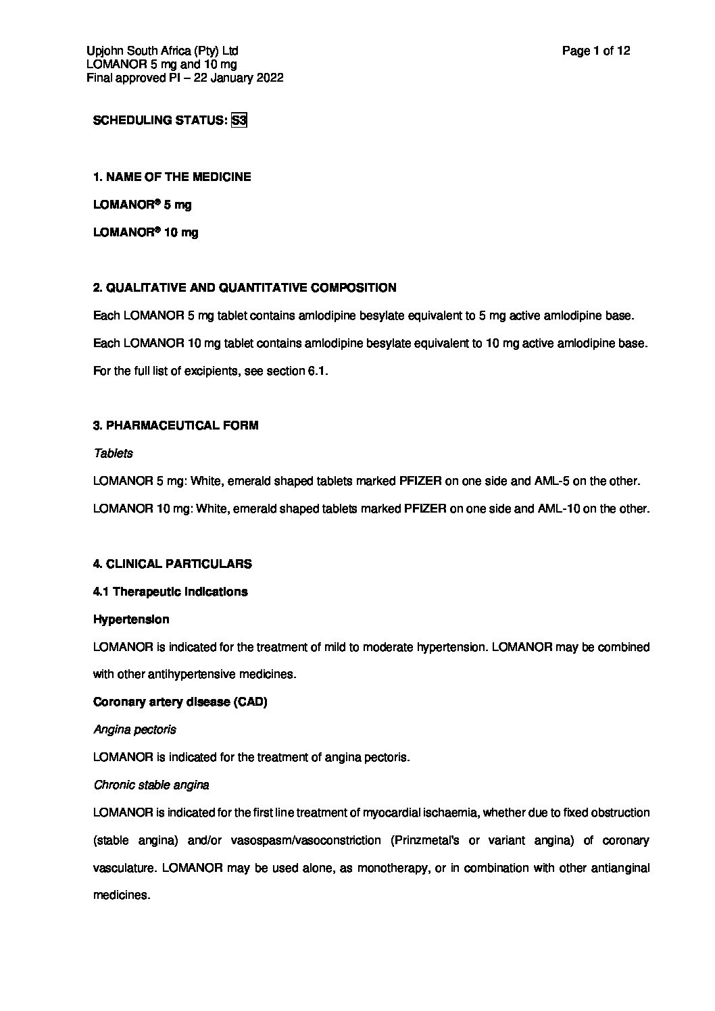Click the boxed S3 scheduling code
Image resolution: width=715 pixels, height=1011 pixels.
[x=239, y=121]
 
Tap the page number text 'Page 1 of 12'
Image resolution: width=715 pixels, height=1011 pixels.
[x=596, y=51]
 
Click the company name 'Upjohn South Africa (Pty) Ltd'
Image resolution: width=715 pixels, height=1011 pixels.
[x=162, y=51]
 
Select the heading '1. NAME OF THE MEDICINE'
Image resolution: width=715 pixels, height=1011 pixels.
[x=172, y=177]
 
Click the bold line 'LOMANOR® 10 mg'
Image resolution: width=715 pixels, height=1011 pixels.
[x=145, y=232]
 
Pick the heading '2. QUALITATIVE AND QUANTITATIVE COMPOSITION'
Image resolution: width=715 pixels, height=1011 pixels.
[x=244, y=288]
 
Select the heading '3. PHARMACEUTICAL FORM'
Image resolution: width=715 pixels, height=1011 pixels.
[x=175, y=425]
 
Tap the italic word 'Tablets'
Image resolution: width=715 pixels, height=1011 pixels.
[x=113, y=453]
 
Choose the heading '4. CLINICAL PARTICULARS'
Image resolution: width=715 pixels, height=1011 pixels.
[x=172, y=564]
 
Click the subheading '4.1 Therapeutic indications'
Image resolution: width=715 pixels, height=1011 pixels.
[x=170, y=592]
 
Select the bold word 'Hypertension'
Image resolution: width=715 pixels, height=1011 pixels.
[x=131, y=619]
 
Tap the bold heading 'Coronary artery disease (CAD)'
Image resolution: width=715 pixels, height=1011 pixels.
[x=180, y=702]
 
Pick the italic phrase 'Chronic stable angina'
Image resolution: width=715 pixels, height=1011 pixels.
[x=151, y=785]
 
